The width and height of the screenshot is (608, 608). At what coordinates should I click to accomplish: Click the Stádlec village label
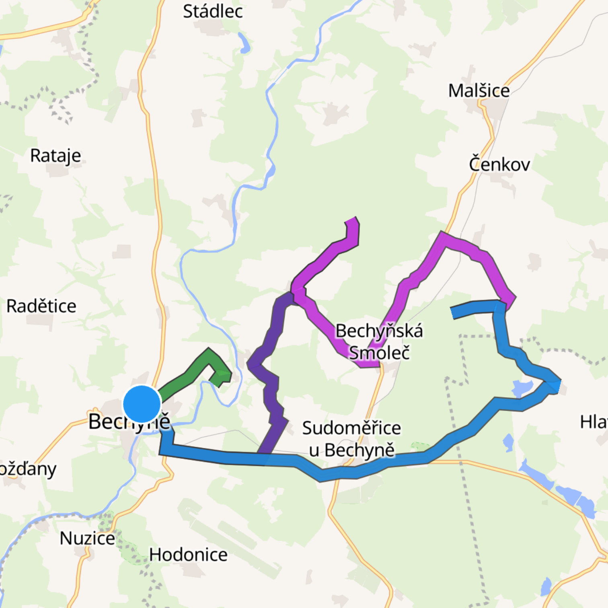213,11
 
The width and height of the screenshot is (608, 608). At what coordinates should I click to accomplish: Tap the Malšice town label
479,91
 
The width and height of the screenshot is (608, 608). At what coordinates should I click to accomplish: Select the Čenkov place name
499,164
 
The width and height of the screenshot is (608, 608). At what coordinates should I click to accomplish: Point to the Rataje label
55,156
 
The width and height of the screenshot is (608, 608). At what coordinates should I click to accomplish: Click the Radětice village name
41,306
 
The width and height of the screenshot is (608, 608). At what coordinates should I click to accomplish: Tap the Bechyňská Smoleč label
379,342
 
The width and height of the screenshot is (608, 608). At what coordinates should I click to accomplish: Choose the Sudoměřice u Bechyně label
351,439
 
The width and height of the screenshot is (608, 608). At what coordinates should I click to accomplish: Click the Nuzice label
87,538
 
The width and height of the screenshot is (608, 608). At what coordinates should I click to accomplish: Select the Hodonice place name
188,555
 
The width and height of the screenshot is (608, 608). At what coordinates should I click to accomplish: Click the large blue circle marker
142,404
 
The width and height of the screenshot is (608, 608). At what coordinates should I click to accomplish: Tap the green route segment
189,372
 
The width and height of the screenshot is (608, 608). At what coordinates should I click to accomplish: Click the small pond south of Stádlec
244,43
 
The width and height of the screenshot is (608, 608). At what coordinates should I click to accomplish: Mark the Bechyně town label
129,421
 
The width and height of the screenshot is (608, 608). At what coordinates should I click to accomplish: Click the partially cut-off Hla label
594,422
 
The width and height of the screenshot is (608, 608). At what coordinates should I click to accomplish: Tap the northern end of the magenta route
351,220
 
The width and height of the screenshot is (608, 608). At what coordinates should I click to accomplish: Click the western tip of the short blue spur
453,313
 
